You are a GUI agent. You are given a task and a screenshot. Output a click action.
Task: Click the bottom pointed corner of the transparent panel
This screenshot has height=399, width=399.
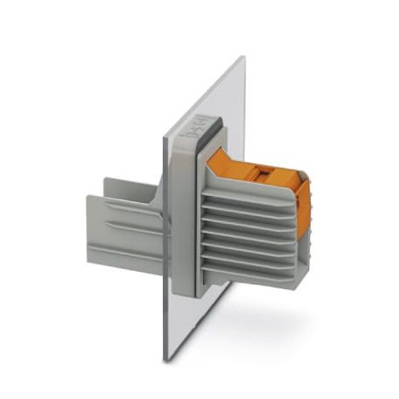coord(164,360)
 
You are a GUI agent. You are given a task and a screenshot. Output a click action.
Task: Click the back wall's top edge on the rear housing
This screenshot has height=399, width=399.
coord(131,180)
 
